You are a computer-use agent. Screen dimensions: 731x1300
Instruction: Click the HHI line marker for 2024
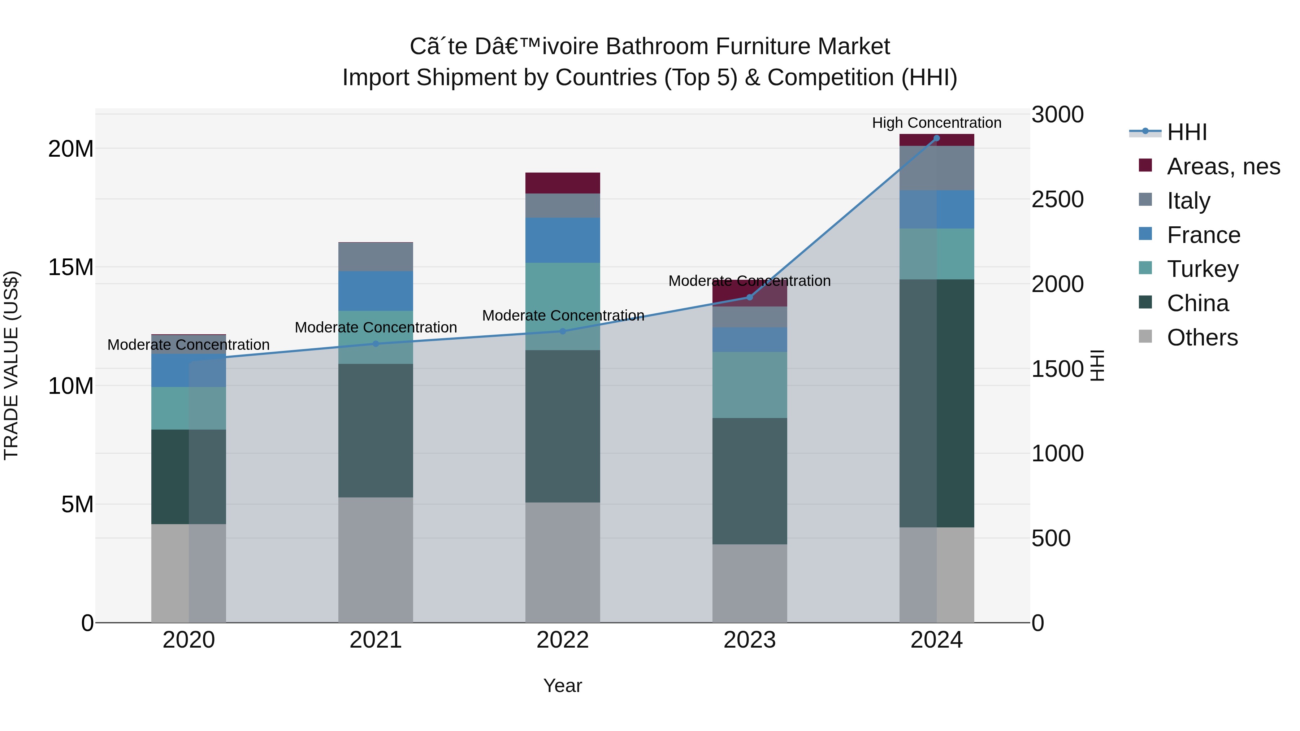coord(937,138)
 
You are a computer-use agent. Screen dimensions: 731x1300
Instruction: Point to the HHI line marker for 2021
coord(376,344)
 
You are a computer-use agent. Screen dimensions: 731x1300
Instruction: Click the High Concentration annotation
coord(937,123)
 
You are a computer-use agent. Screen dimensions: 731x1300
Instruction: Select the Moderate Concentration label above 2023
coord(749,281)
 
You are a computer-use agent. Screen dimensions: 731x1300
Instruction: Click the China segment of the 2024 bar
coord(937,404)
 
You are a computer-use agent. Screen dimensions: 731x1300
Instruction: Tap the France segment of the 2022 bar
coord(563,240)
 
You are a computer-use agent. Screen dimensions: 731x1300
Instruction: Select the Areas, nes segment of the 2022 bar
coord(563,183)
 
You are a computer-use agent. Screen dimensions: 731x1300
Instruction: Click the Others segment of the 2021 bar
coord(376,560)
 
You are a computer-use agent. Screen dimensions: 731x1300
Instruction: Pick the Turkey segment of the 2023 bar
coord(749,385)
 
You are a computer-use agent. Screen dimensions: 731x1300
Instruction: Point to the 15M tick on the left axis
coord(71,267)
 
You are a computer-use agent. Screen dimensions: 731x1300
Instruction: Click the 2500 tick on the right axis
coord(1057,199)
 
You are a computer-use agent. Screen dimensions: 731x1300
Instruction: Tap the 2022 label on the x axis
coord(563,640)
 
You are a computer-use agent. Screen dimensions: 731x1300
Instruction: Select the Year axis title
coord(563,686)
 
